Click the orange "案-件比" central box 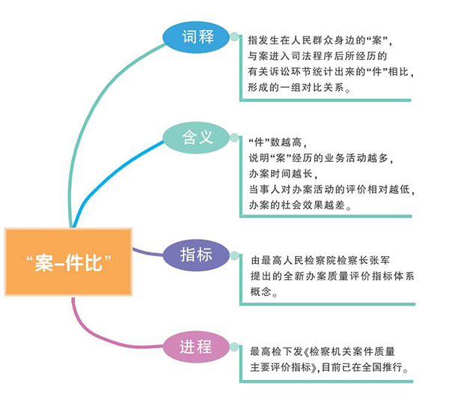(68, 262)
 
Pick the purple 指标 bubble (197, 254)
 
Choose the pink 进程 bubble (196, 348)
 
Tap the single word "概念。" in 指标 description (266, 293)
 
